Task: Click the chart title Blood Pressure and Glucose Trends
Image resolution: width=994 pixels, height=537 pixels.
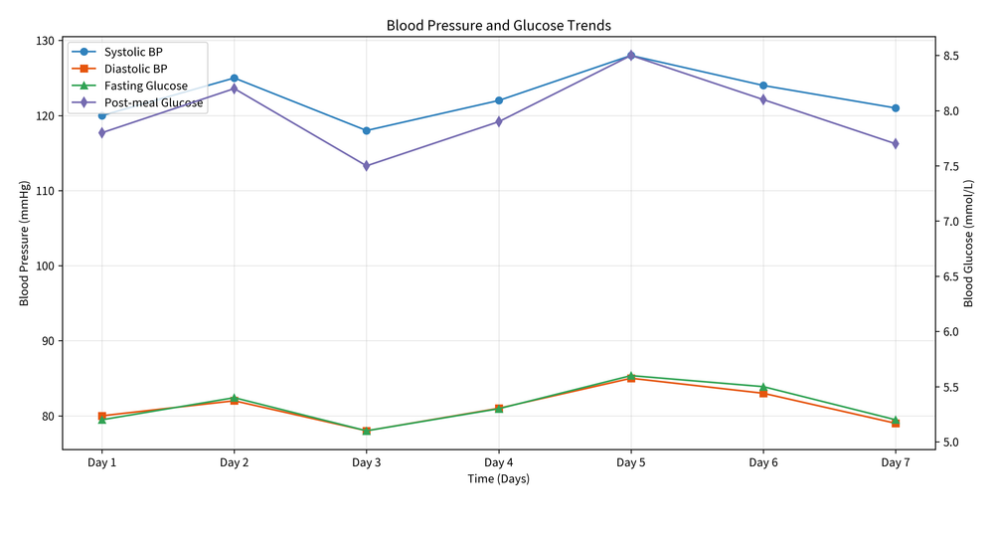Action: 498,25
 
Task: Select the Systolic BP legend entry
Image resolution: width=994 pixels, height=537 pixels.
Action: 133,51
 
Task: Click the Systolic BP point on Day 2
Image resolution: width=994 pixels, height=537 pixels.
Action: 234,78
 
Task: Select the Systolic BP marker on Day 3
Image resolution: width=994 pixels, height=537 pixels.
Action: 366,130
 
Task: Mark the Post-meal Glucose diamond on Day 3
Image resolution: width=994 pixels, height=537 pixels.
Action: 366,166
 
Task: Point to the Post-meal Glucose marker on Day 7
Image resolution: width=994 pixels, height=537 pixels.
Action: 895,144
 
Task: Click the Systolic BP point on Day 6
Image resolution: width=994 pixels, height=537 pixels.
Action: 762,86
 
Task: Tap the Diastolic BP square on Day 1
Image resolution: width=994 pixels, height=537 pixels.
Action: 101,416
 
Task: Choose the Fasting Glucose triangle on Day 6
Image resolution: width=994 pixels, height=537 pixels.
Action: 762,387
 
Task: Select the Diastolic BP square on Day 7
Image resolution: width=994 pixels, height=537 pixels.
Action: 895,424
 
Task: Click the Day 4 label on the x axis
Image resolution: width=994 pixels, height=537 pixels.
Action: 498,462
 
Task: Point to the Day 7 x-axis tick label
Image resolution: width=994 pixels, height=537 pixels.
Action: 895,462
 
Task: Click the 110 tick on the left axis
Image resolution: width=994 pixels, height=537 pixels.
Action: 46,191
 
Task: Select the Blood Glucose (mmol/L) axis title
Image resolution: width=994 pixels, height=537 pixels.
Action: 982,244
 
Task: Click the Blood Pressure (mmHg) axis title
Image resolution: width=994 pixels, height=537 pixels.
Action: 25,244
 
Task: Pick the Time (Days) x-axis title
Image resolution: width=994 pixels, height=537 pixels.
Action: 498,479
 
